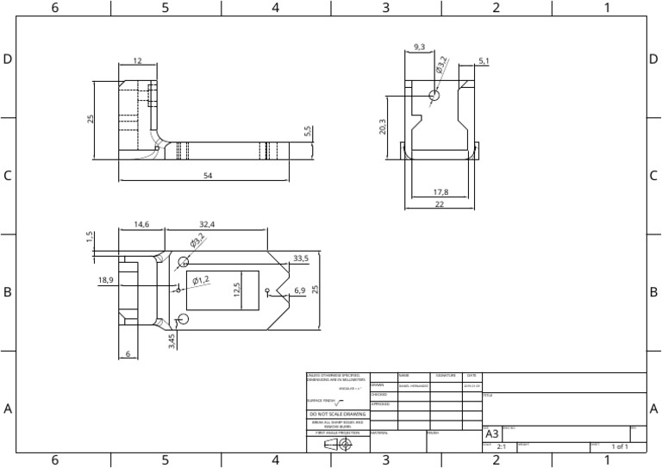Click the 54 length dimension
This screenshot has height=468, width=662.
tap(207, 175)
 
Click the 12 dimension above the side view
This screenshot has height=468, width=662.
tap(137, 61)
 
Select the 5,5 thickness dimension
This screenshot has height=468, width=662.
tap(307, 131)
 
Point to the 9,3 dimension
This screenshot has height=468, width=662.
tap(419, 47)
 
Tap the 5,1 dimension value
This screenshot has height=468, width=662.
tap(483, 61)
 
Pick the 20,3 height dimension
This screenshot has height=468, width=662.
tap(382, 127)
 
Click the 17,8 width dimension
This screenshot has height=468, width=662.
tap(440, 191)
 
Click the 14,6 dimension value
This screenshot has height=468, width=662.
tap(142, 224)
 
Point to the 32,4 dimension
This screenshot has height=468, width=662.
tap(207, 224)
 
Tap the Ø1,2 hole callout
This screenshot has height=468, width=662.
tap(201, 279)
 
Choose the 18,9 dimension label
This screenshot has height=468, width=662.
tap(105, 279)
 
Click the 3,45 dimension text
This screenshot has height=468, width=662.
tap(172, 341)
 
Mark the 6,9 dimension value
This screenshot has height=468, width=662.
tap(299, 290)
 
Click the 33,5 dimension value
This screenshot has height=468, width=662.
tap(301, 258)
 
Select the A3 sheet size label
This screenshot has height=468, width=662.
tap(491, 434)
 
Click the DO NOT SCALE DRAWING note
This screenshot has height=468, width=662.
tap(337, 415)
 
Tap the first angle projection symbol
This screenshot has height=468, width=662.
tap(338, 445)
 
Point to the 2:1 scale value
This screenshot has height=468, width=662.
tap(501, 447)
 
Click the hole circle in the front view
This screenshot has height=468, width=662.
tap(434, 95)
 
